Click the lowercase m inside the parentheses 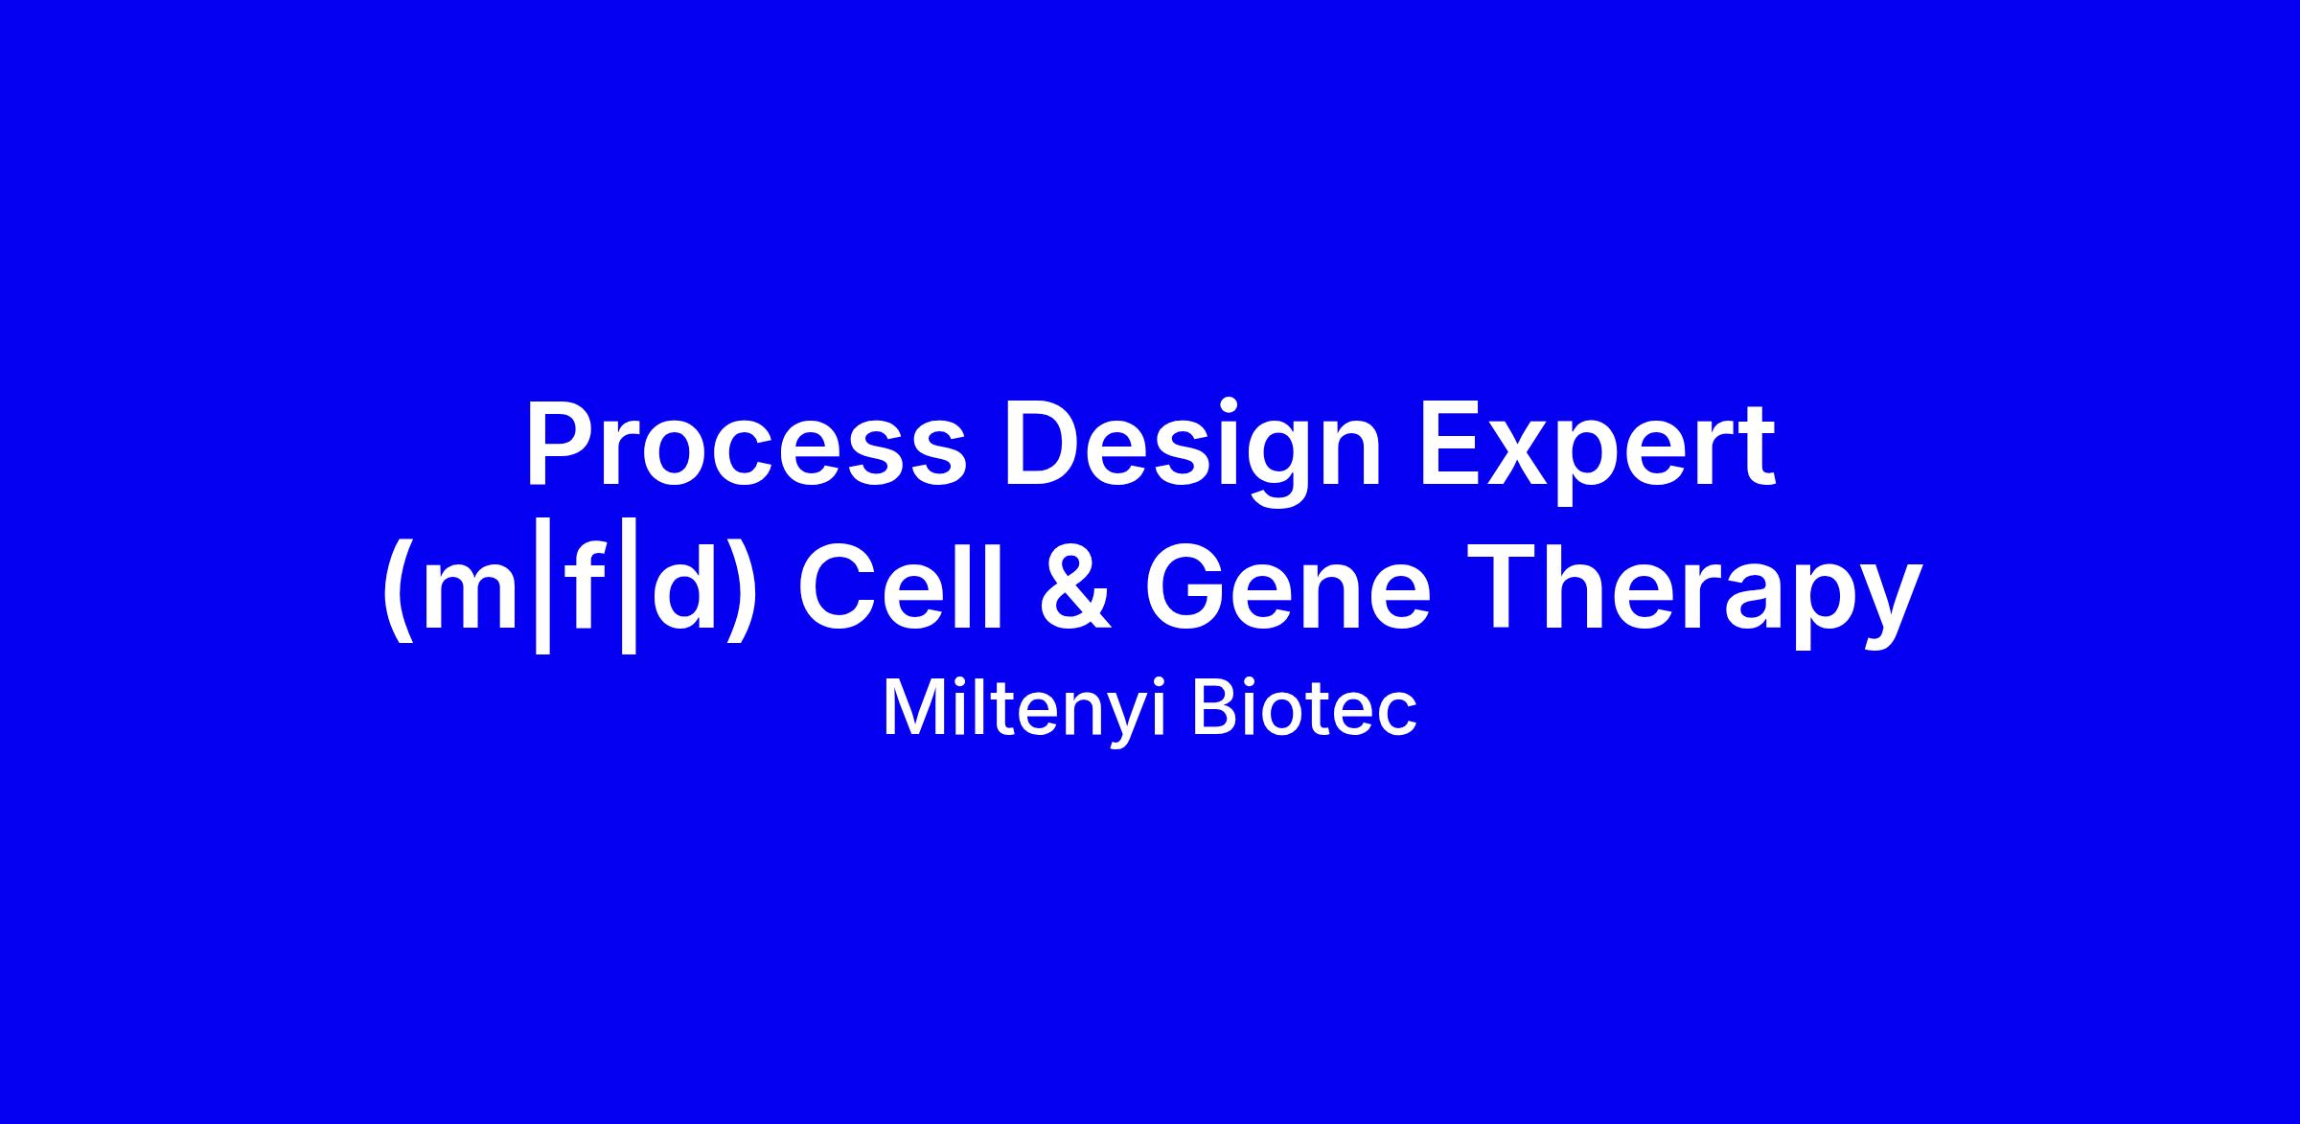(x=473, y=598)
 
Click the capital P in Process (x=562, y=445)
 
